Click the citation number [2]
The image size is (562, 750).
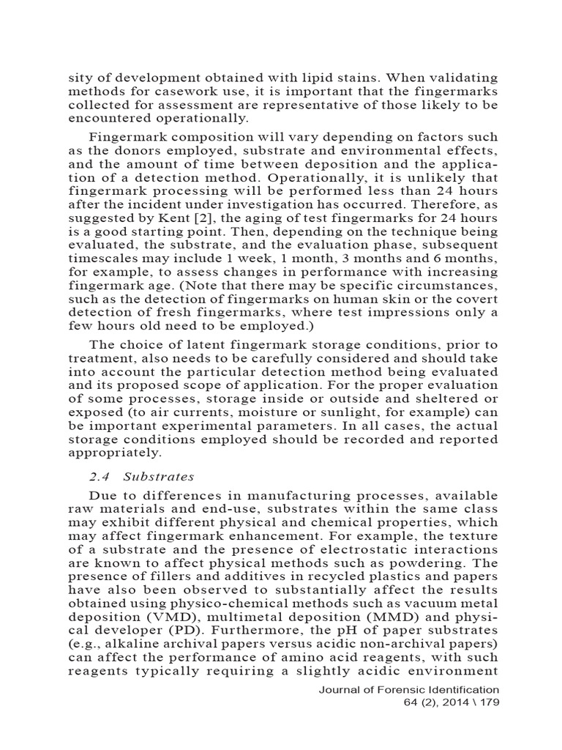(209, 218)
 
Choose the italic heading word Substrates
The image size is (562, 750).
(159, 476)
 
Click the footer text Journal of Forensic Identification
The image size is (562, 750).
(408, 690)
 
